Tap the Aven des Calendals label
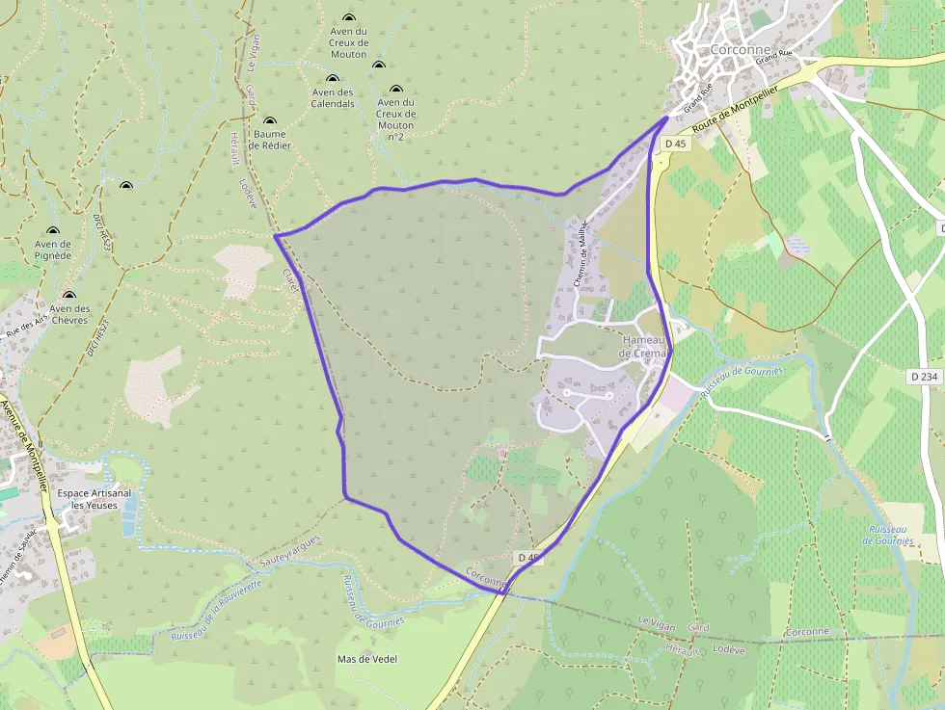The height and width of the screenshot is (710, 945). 333,98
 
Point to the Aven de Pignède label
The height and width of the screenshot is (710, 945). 53,250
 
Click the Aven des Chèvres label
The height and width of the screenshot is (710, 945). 69,314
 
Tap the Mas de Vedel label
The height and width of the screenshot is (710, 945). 367,659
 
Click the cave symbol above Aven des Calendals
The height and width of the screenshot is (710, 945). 333,79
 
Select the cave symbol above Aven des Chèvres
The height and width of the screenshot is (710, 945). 68,296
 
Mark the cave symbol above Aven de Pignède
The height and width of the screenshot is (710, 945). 52,231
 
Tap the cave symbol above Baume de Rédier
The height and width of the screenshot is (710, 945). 269,121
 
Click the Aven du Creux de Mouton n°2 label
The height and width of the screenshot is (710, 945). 395,119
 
